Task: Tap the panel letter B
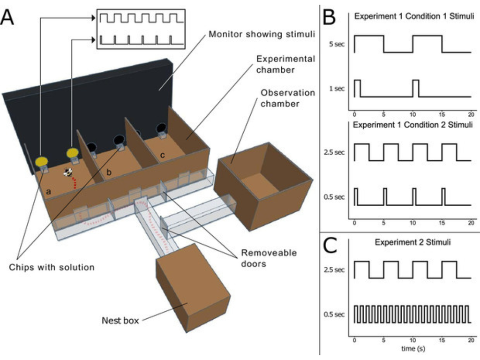330,17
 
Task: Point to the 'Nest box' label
120,321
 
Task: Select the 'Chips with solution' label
52,268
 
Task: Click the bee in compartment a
68,172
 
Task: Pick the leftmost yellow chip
42,161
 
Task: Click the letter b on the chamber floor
109,172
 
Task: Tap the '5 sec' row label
337,44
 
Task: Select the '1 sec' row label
337,88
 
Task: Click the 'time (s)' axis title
412,349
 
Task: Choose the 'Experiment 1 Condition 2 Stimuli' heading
412,125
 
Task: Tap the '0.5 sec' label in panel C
335,314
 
